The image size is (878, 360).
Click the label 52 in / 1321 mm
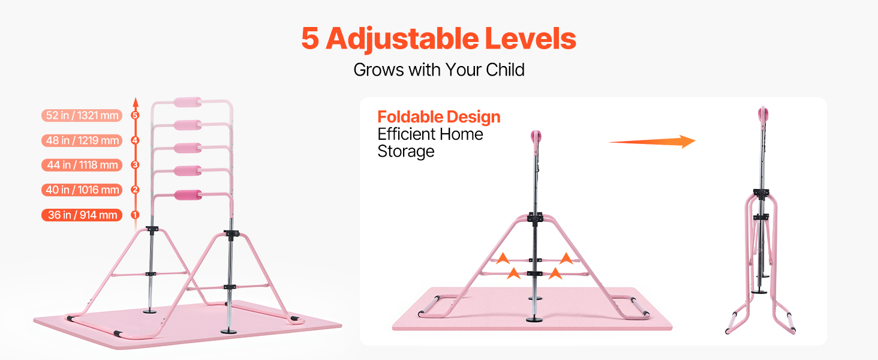point(82,116)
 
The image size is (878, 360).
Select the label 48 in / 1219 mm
point(82,140)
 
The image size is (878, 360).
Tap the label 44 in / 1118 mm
point(82,165)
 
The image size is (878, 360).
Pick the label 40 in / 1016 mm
point(82,190)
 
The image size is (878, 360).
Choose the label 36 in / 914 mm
point(82,215)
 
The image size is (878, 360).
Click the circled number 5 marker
point(135,115)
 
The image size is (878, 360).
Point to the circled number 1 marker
point(135,215)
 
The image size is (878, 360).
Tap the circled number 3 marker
point(135,165)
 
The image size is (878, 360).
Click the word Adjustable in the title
point(402,39)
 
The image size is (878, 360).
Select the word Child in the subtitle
point(505,70)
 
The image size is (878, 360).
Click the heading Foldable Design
point(439,117)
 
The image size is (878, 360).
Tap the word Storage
point(406,151)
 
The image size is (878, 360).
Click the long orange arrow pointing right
point(653,142)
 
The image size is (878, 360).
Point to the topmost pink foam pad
point(188,103)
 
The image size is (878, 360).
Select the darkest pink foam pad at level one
point(188,195)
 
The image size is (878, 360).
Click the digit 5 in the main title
point(310,39)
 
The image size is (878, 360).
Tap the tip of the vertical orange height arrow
point(136,98)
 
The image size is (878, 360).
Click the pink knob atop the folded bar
point(763,114)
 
